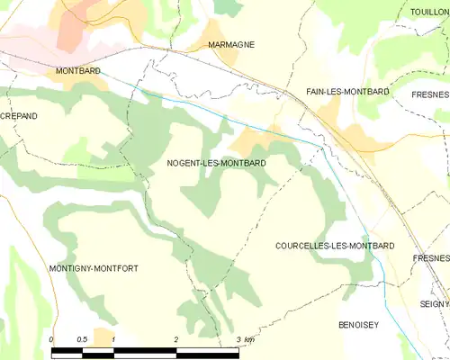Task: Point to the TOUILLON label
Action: pyautogui.click(x=428, y=12)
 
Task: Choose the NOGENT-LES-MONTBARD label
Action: pyautogui.click(x=216, y=164)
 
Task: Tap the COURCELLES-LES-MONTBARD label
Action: pyautogui.click(x=335, y=246)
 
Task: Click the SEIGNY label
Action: pyautogui.click(x=433, y=303)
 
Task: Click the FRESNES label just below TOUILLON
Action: pyautogui.click(x=431, y=92)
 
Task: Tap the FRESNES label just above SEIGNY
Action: pyautogui.click(x=431, y=258)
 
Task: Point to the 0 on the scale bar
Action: pyautogui.click(x=51, y=339)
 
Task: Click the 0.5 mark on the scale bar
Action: pyautogui.click(x=82, y=339)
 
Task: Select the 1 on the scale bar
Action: pyautogui.click(x=113, y=339)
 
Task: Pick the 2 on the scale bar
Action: pyautogui.click(x=176, y=339)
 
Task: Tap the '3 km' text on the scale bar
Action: pyautogui.click(x=245, y=339)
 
